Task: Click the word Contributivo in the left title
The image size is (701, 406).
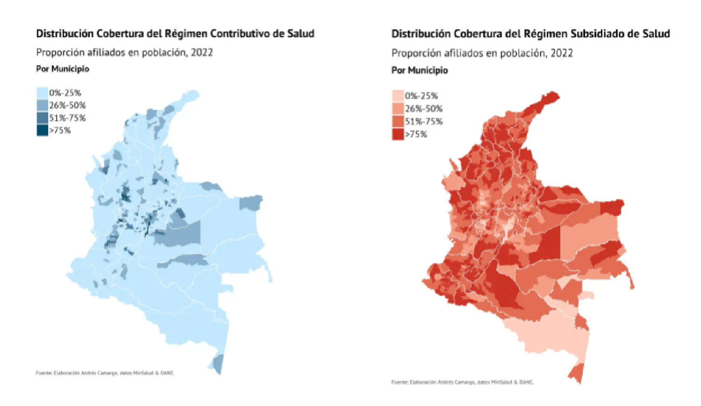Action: tap(238, 34)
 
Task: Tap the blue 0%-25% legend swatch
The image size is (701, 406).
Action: tap(42, 93)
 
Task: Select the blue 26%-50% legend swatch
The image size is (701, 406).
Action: tap(42, 105)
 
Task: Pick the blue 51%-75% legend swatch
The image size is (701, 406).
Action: tap(42, 118)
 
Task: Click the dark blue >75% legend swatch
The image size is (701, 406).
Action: tap(42, 130)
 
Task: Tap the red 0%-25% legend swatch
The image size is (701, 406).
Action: tap(398, 96)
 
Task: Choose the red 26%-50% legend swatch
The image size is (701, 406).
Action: tap(398, 109)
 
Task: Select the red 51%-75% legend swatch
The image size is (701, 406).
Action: tap(398, 122)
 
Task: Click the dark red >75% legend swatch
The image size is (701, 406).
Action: tap(398, 134)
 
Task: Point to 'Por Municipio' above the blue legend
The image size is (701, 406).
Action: tap(63, 69)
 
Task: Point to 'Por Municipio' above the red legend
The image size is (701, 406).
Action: tap(419, 70)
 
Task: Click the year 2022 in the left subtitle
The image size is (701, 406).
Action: tap(201, 52)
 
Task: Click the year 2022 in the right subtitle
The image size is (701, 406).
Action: tap(561, 53)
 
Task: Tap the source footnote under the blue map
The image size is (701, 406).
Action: tap(105, 373)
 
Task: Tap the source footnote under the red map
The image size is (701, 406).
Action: tap(462, 382)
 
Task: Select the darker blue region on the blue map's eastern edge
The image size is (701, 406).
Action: tap(250, 203)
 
